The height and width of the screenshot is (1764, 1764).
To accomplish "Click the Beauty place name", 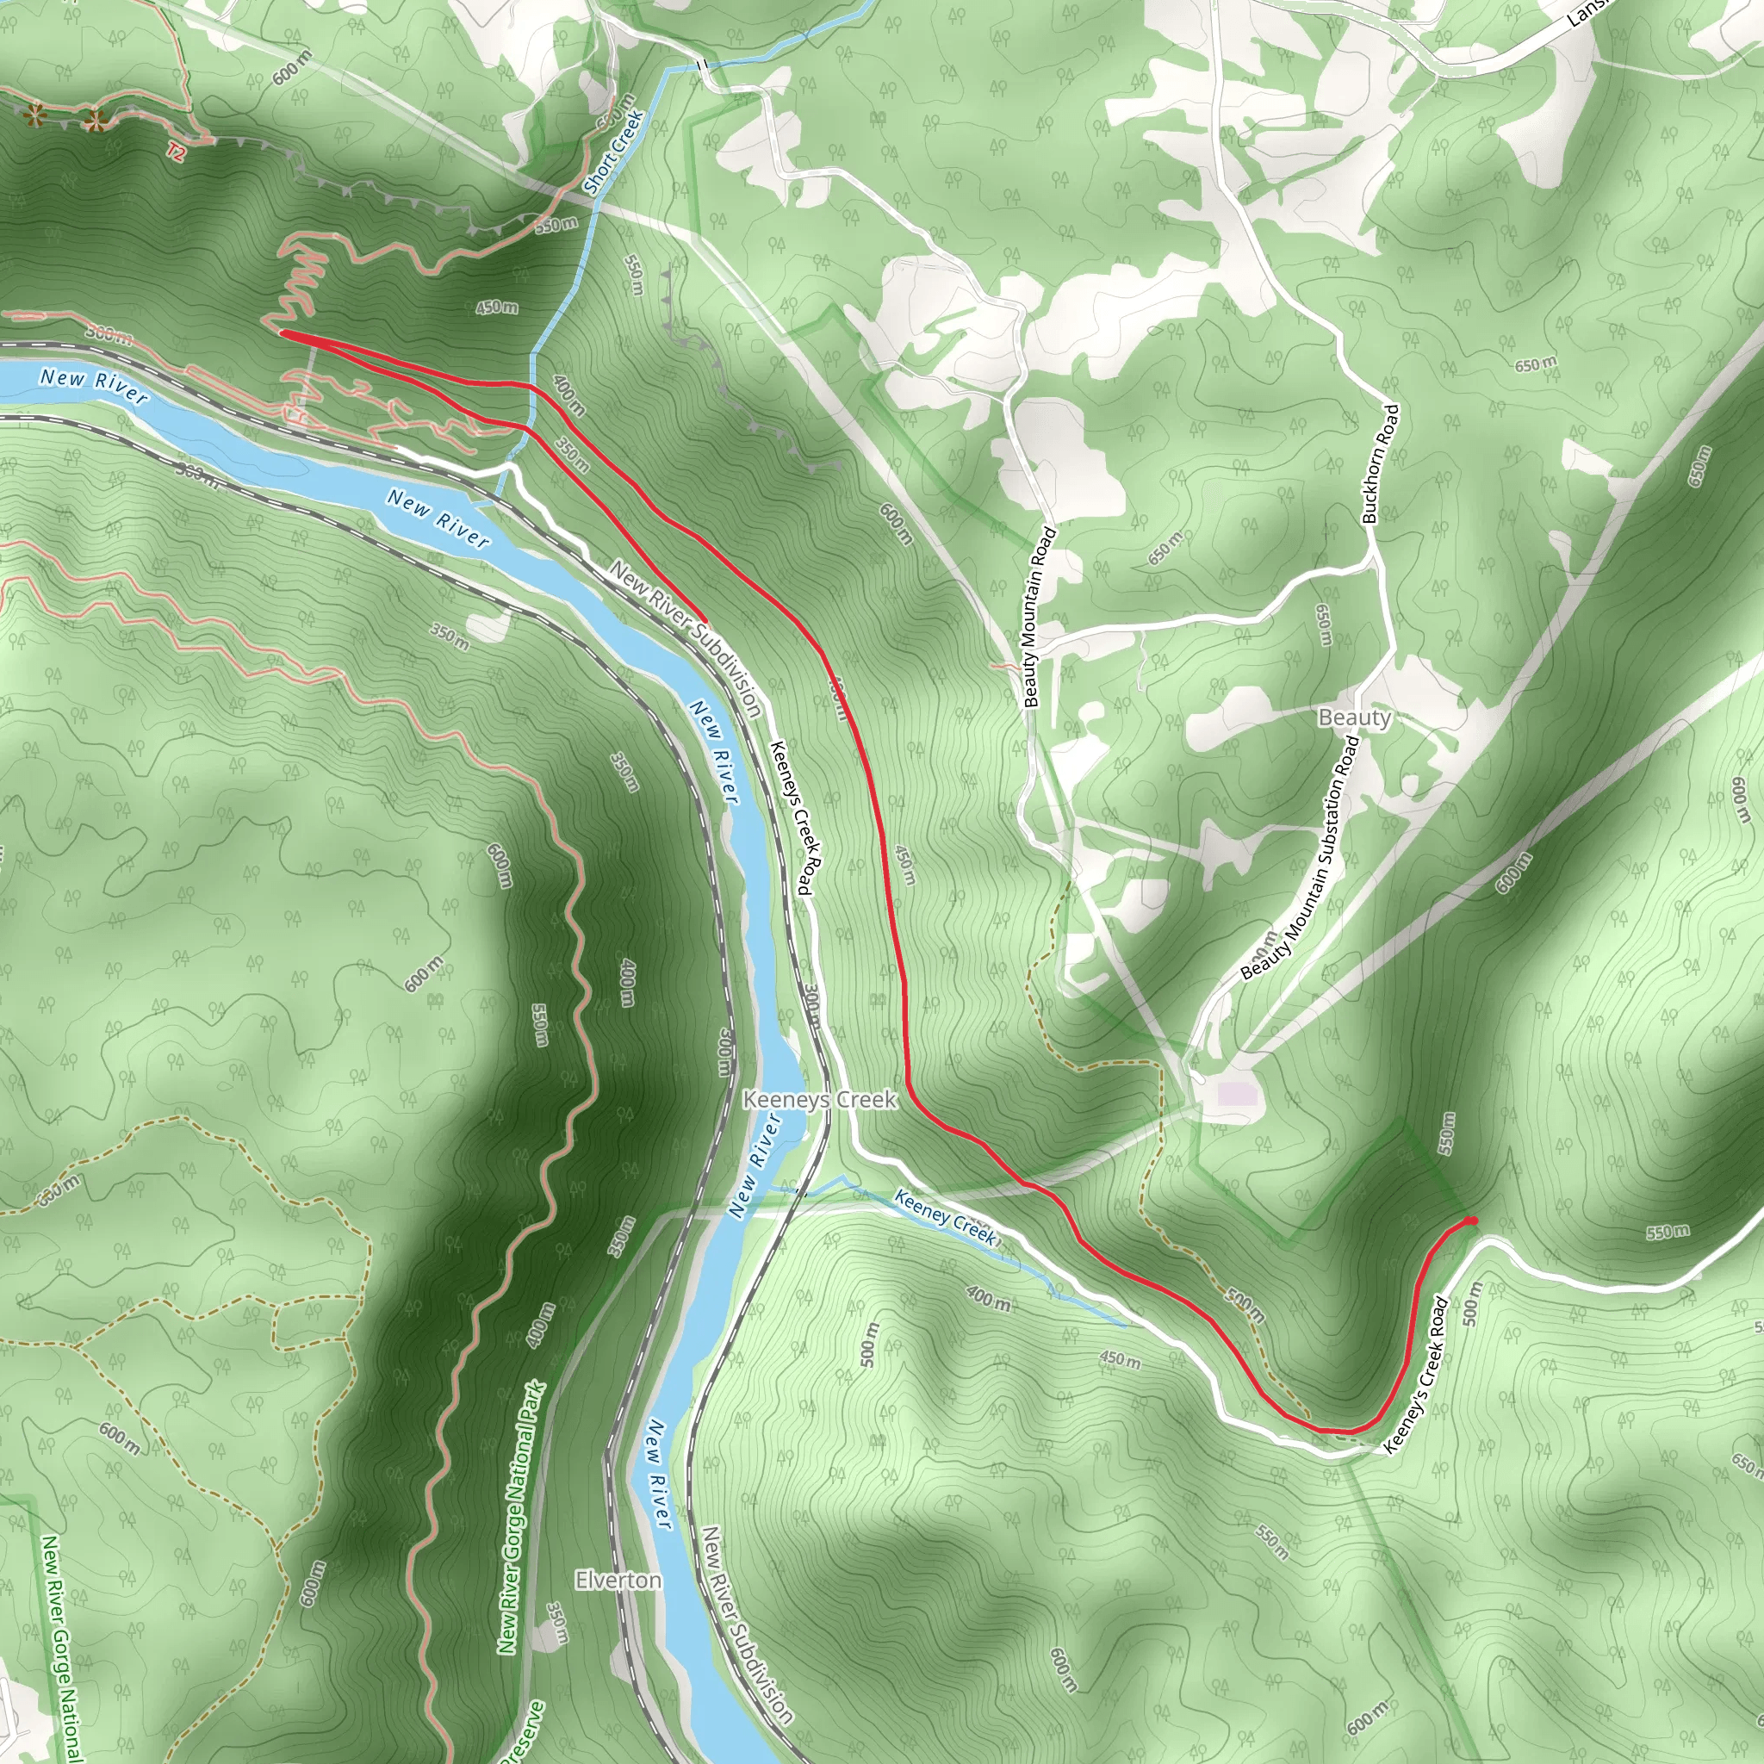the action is [1354, 717].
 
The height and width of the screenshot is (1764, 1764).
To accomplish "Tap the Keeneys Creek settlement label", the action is [820, 1099].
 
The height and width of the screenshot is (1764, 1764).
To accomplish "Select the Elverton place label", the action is [618, 1580].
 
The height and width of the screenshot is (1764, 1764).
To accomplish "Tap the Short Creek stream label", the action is [613, 152].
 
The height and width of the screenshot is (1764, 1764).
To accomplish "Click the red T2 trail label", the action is [177, 152].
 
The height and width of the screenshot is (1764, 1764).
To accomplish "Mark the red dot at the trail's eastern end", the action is [1471, 1221].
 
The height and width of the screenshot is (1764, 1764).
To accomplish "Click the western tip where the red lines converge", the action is [283, 334].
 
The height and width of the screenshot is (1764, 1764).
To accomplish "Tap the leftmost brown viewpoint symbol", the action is [34, 116].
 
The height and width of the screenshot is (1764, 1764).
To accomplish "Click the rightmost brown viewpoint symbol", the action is [93, 120].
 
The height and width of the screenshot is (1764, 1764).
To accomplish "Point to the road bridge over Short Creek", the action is [701, 65].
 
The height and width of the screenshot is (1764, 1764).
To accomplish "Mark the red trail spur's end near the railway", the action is [705, 621].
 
